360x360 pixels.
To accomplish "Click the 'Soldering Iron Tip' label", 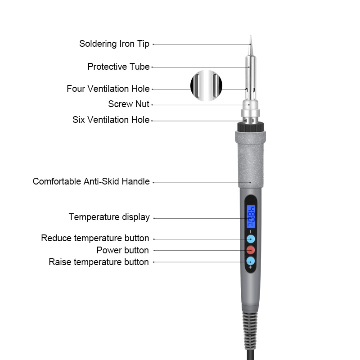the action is click(x=114, y=44).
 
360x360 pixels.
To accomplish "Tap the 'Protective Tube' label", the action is click(x=118, y=67).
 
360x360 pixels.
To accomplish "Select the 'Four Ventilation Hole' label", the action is click(x=108, y=89).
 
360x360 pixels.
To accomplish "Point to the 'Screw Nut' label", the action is click(x=129, y=104).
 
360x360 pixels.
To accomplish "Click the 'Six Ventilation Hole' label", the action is click(x=111, y=120).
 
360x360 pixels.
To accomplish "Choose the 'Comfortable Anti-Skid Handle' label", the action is click(x=91, y=181).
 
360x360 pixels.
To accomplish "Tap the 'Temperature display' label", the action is click(x=109, y=217).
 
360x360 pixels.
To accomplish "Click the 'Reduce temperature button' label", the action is click(x=95, y=238).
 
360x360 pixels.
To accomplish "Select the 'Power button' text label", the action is click(x=122, y=250).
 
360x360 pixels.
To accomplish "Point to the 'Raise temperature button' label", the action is click(x=99, y=262).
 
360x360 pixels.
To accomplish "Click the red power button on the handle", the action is click(x=251, y=250).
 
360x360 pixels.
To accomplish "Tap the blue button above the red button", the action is click(x=251, y=239).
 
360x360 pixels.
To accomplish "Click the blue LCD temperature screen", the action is click(x=251, y=217).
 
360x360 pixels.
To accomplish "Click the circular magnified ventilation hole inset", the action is click(x=206, y=85).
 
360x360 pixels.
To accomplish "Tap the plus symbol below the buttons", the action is click(x=250, y=267).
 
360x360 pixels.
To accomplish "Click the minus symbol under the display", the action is click(x=250, y=232).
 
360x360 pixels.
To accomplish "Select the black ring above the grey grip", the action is click(x=250, y=127).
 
